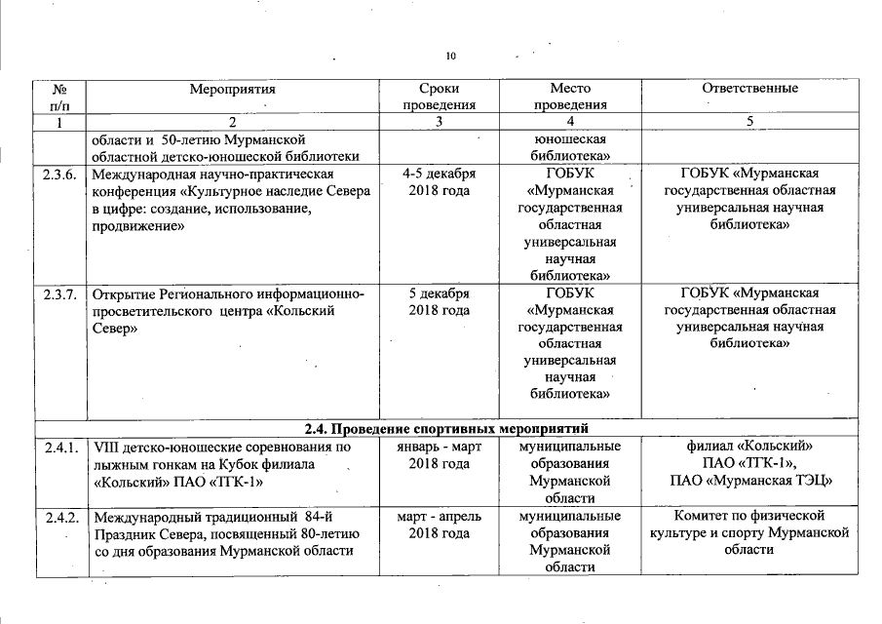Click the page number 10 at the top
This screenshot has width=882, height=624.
(450, 56)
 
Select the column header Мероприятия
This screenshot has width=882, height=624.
(234, 89)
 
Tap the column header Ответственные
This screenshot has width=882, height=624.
(749, 89)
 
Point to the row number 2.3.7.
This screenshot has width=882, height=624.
(59, 293)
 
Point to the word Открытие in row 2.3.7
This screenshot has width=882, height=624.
(121, 293)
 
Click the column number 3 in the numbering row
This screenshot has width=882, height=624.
(440, 122)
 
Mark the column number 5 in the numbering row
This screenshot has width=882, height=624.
(749, 122)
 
